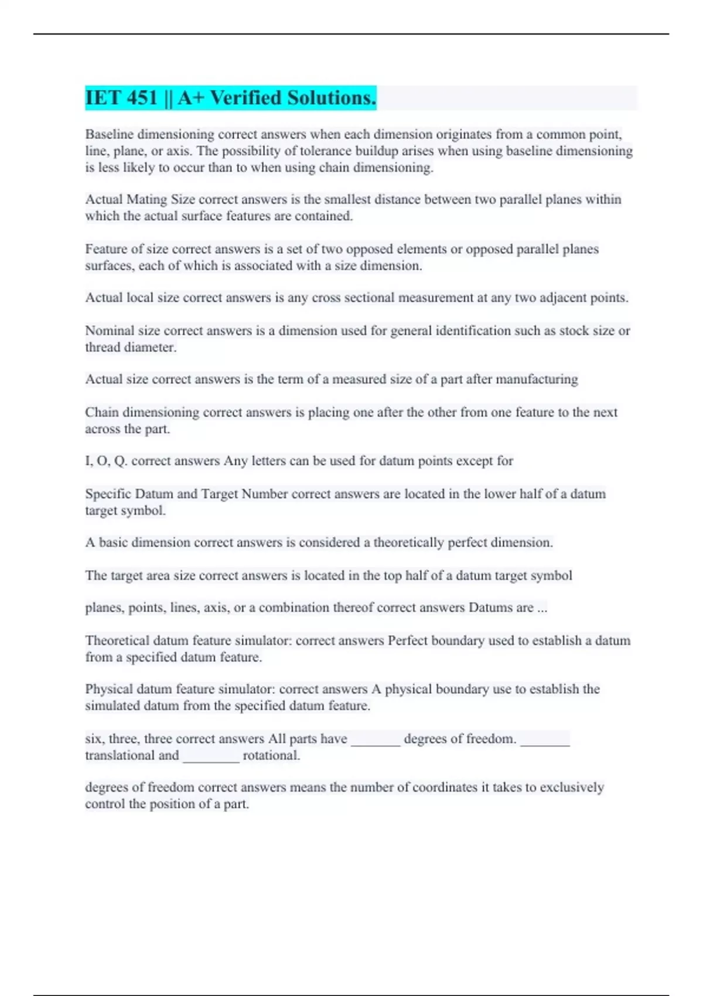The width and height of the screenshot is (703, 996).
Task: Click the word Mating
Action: coord(146,200)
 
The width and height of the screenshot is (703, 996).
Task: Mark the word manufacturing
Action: coord(537,380)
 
